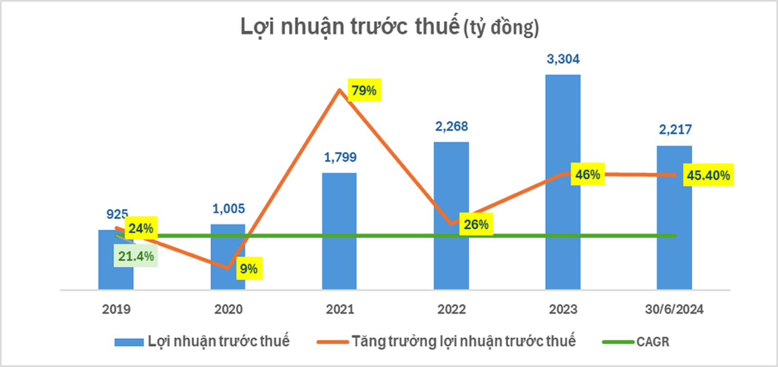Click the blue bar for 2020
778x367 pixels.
point(228,258)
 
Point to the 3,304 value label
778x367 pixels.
point(563,59)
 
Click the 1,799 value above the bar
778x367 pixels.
point(340,157)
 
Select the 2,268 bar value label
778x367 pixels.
point(451,127)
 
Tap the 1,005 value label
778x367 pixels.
point(228,209)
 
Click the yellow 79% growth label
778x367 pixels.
point(364,91)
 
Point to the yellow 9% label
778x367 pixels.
point(249,269)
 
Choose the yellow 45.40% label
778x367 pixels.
point(708,175)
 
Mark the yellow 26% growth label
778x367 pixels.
point(476,224)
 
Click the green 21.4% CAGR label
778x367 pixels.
point(136,256)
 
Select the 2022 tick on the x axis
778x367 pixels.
point(451,309)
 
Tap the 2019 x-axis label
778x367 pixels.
point(116,309)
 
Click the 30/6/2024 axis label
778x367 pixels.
point(674,309)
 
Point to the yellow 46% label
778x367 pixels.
point(587,174)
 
